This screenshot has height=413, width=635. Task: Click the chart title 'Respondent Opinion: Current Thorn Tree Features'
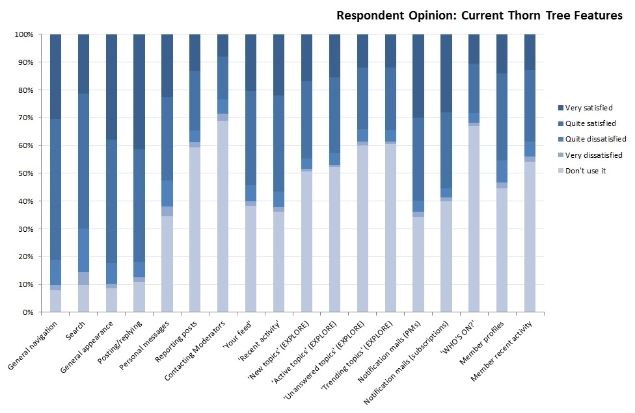(x=479, y=16)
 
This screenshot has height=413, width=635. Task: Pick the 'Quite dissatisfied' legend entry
(x=596, y=139)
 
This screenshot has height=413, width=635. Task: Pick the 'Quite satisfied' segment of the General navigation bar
(x=56, y=189)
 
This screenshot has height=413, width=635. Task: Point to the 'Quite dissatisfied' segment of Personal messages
(x=167, y=194)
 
